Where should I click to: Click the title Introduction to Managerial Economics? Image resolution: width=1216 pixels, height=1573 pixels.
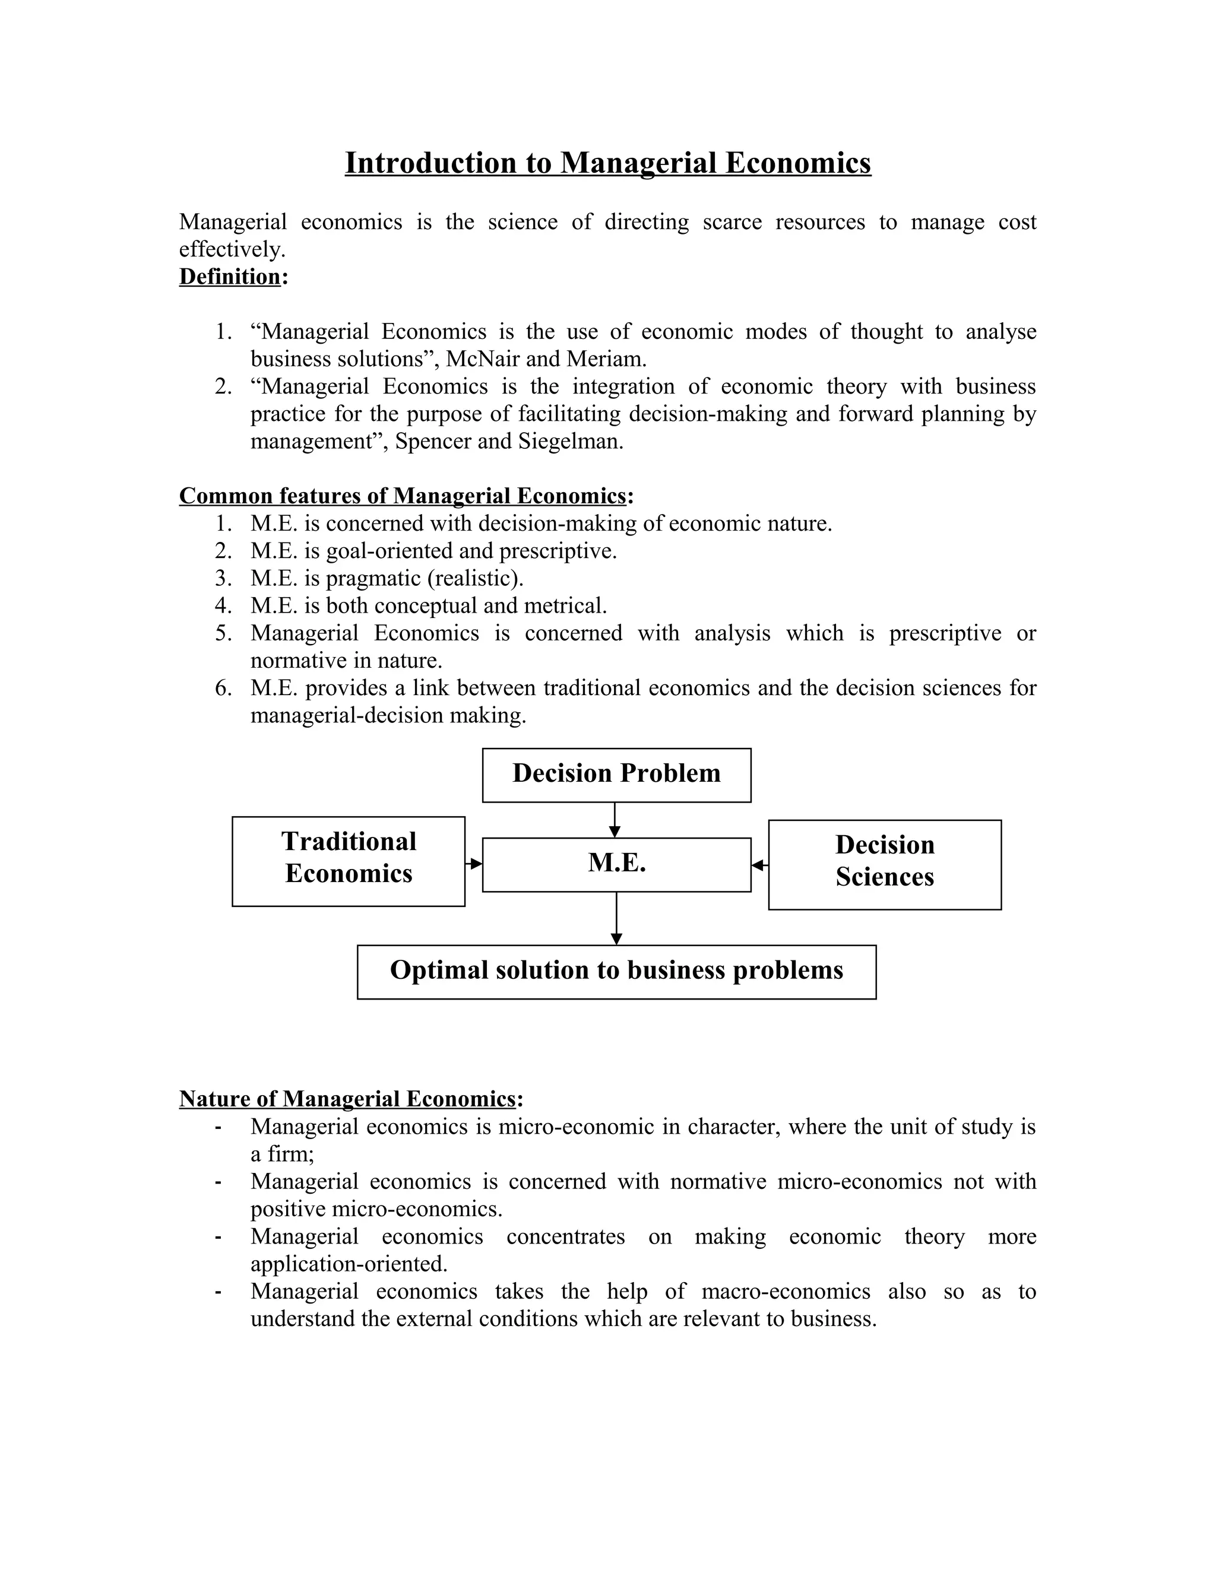[607, 163]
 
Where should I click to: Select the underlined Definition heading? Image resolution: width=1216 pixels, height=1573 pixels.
[230, 277]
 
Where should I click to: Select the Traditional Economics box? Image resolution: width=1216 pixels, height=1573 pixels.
[348, 861]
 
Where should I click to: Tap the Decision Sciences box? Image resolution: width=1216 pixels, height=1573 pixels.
[884, 864]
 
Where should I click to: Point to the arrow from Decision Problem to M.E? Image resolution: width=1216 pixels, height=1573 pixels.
[615, 820]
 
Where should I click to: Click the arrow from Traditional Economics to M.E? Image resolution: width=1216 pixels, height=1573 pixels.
[474, 863]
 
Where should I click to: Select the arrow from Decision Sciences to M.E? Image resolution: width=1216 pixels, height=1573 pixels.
[759, 865]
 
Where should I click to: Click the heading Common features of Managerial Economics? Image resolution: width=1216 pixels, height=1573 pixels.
[402, 496]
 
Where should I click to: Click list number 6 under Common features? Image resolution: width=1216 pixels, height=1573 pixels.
[223, 688]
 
